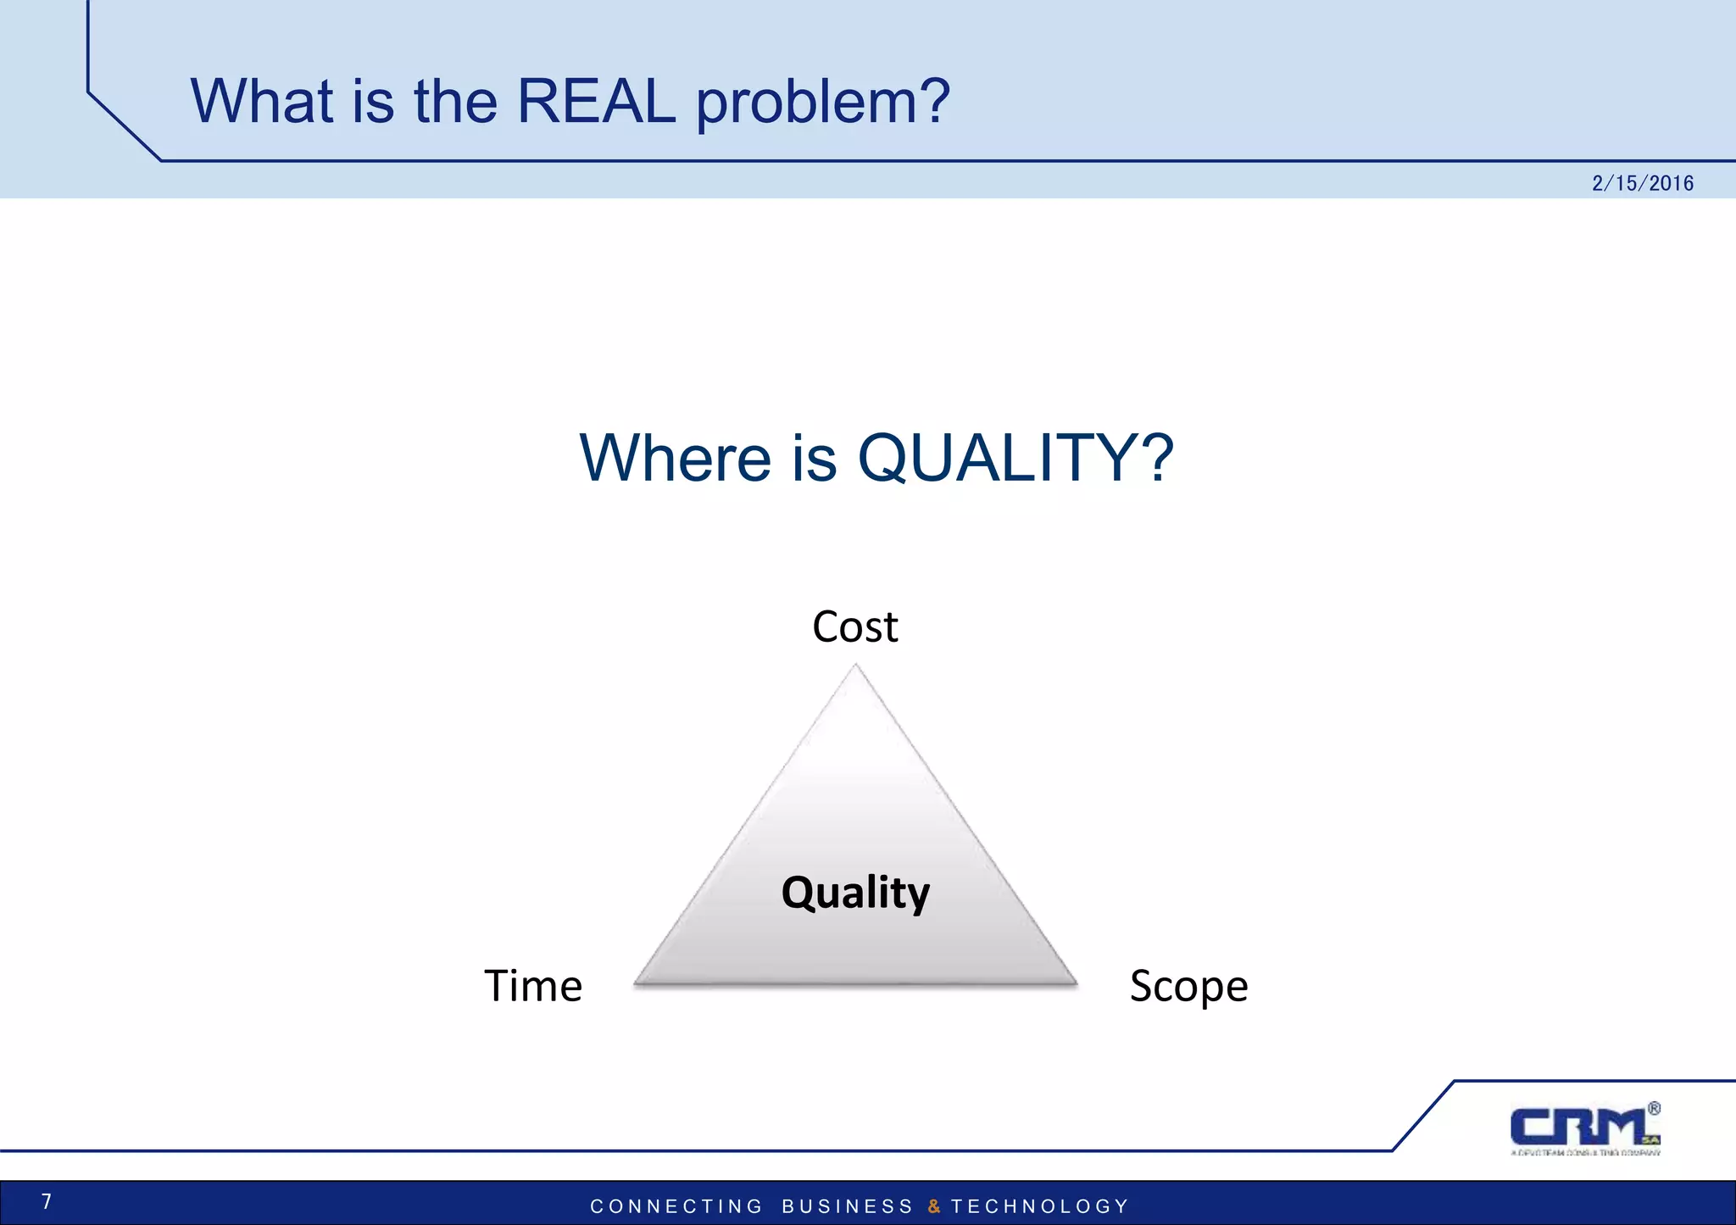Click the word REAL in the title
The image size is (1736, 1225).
(596, 102)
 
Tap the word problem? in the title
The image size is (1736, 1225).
(822, 103)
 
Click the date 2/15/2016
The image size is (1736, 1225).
(1642, 183)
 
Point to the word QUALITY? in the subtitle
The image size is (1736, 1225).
(1015, 459)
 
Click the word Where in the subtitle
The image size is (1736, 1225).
(675, 459)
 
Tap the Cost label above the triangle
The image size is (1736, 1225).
(854, 627)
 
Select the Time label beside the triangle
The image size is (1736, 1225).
(533, 986)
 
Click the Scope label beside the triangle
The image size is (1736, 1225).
(1188, 987)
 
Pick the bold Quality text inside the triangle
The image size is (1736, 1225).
(855, 893)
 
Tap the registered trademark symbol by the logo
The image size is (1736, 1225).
(1654, 1108)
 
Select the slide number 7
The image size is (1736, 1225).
(47, 1201)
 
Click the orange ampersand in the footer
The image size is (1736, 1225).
(933, 1206)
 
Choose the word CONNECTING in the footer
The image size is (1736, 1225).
(676, 1206)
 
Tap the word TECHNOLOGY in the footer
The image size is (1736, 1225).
(1040, 1206)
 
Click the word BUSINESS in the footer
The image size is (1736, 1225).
(847, 1206)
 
